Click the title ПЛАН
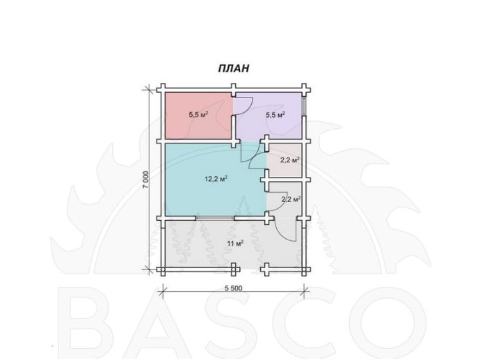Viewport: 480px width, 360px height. [234, 68]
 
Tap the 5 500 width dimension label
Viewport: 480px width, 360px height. [233, 288]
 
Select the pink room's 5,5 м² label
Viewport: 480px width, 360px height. [198, 115]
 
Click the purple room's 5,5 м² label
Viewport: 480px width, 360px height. [275, 115]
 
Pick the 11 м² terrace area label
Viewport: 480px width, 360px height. [235, 244]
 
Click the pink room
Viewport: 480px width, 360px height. [198, 116]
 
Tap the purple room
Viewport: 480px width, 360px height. [268, 116]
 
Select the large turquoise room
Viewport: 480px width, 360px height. [214, 179]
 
